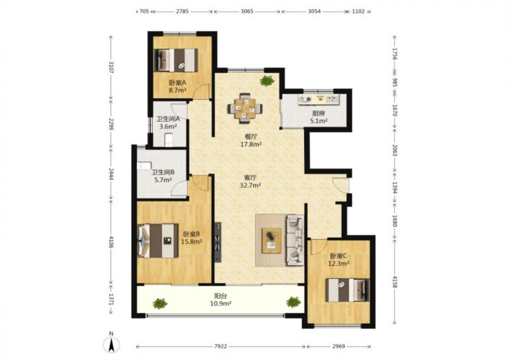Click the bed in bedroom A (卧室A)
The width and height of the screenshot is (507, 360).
(175, 60)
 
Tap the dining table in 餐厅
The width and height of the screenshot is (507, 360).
(245, 109)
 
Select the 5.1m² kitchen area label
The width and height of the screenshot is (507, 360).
(319, 121)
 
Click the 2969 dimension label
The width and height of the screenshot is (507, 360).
(338, 346)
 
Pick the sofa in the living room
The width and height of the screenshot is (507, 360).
(294, 240)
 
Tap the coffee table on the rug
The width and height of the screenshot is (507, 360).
(272, 240)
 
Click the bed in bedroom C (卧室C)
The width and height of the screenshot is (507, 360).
(347, 290)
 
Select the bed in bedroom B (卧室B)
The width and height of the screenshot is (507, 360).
(158, 240)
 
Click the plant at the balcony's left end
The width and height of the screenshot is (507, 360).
(160, 304)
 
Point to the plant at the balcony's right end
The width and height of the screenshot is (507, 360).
(293, 302)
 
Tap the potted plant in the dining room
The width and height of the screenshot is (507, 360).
(267, 80)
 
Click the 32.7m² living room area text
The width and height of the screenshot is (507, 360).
(251, 185)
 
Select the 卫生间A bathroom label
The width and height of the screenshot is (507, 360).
(168, 119)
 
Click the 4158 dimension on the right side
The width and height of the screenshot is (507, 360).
(395, 281)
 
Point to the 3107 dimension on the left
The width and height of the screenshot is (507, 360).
(112, 67)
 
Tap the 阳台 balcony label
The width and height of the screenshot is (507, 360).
(220, 296)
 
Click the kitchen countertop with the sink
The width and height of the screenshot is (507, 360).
(319, 100)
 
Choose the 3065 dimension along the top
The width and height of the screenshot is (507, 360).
(247, 12)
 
